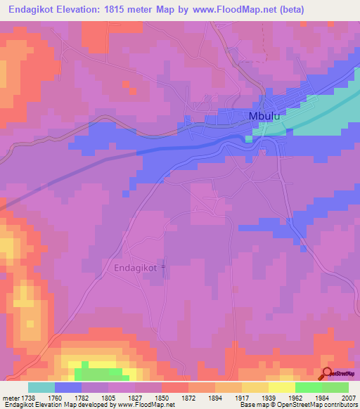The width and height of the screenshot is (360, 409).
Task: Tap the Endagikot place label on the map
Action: (x=136, y=268)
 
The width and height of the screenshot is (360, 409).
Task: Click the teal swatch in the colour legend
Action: (x=41, y=387)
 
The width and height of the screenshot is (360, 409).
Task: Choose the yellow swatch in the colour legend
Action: (x=281, y=387)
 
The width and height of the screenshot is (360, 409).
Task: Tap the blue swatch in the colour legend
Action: (x=68, y=387)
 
